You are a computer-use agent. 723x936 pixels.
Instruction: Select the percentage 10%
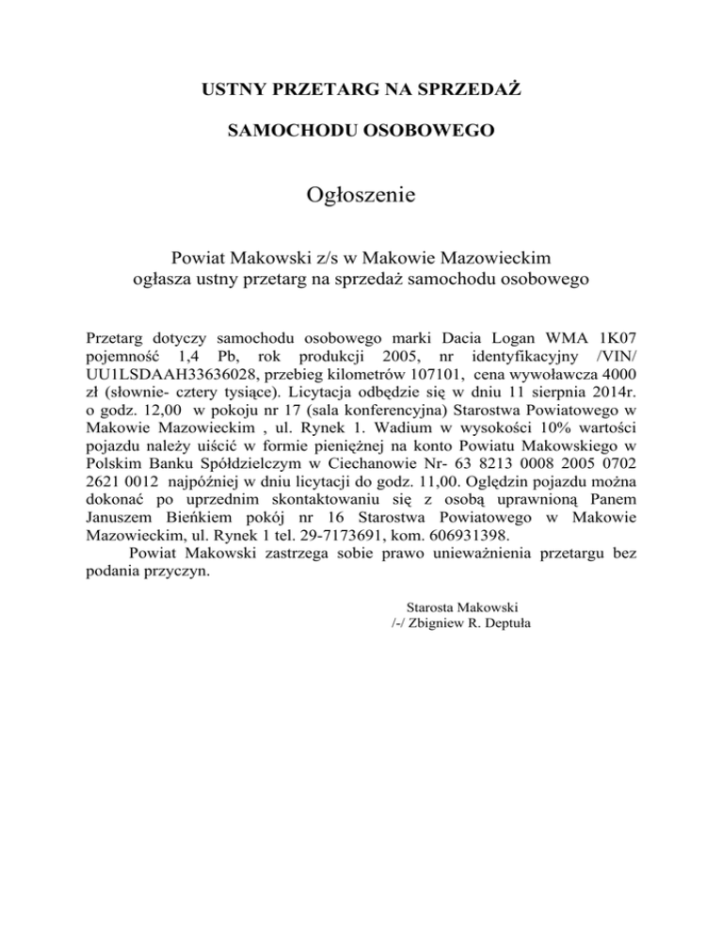(523, 450)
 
